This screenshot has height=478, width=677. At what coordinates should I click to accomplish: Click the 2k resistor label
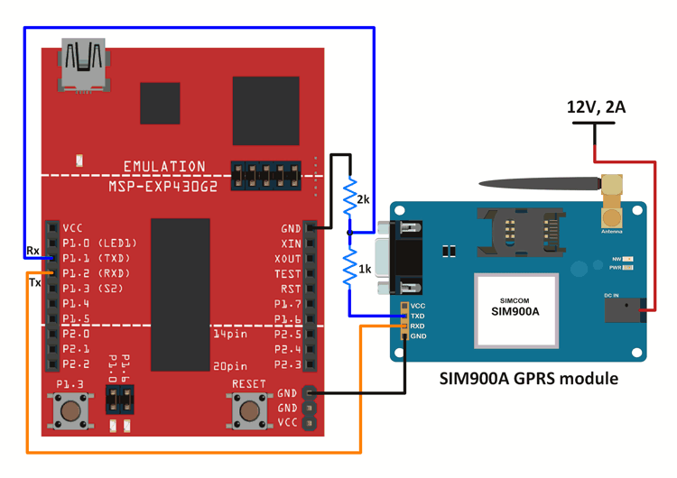(x=363, y=199)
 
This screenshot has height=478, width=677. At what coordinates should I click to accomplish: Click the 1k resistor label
(x=363, y=269)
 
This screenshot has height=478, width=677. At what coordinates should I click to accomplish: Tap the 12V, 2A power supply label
(x=596, y=107)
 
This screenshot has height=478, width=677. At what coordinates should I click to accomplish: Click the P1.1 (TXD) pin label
(x=96, y=259)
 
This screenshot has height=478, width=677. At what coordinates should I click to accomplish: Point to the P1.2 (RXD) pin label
(x=96, y=273)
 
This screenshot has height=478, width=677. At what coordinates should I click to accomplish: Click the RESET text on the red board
(x=249, y=384)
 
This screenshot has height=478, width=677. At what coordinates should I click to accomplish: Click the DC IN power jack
(x=624, y=310)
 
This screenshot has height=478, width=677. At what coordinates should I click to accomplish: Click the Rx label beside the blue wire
(x=32, y=251)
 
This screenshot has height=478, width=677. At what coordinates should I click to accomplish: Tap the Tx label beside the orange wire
(x=34, y=283)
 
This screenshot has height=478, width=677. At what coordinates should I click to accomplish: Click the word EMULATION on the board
(x=164, y=167)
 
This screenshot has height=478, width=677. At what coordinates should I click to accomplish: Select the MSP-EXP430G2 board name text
(x=164, y=185)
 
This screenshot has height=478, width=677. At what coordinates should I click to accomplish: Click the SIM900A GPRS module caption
(x=528, y=379)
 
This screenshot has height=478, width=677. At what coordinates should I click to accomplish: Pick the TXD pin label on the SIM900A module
(x=417, y=316)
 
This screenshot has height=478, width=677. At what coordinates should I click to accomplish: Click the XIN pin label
(x=291, y=244)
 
